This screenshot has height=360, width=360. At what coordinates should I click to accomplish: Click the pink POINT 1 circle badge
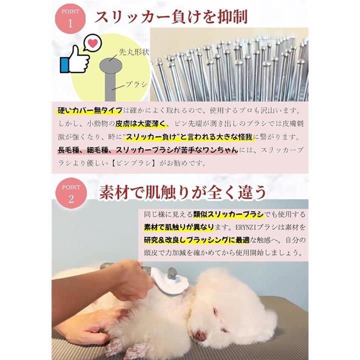70,18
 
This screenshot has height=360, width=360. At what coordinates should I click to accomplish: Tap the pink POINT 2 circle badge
71,193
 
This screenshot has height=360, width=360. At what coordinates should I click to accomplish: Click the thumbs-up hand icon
75,59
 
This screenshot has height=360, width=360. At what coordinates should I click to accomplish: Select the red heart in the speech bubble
93,43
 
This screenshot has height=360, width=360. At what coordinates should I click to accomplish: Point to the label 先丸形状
134,52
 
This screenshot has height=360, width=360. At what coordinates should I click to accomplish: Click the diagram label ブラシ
136,84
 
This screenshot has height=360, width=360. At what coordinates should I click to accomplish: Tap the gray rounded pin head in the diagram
110,65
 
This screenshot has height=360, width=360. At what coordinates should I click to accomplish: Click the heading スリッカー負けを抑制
171,16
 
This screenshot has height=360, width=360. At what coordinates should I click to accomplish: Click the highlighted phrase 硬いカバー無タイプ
90,110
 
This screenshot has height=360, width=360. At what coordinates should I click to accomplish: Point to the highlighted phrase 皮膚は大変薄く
140,124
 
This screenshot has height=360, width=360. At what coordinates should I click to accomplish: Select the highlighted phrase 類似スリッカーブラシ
228,214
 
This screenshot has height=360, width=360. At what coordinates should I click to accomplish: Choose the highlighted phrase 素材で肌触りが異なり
179,227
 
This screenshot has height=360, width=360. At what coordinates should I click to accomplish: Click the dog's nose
200,336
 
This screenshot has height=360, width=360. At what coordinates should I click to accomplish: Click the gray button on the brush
172,273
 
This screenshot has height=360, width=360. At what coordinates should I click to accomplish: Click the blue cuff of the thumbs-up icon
64,65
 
